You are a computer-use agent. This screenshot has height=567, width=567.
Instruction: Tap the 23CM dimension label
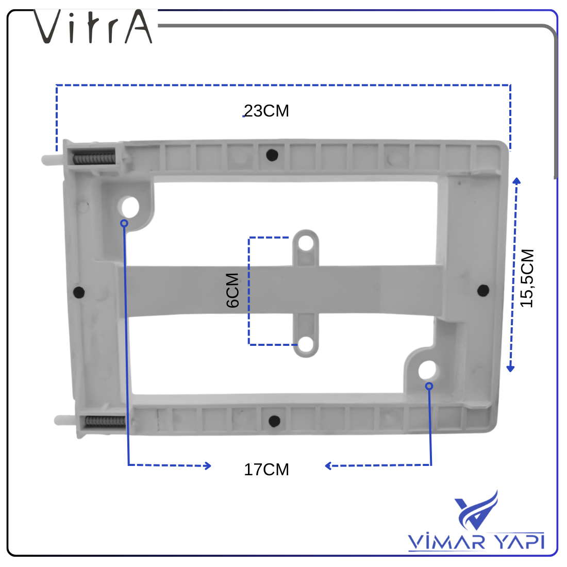click(x=266, y=111)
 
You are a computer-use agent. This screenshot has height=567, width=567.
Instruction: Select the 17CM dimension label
click(x=266, y=470)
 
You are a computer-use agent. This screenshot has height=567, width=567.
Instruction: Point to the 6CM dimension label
click(x=233, y=290)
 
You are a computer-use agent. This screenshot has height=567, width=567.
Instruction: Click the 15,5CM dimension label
click(x=527, y=278)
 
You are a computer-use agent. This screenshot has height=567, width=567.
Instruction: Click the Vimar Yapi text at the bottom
click(x=476, y=542)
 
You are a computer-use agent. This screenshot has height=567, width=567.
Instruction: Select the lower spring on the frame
click(x=105, y=421)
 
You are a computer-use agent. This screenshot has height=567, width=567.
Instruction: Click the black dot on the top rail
click(x=272, y=155)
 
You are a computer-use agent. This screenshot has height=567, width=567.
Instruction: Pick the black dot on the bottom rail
click(x=274, y=421)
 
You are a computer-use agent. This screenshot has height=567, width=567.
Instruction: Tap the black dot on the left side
click(x=79, y=292)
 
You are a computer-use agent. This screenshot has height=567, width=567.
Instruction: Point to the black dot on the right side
click(x=483, y=290)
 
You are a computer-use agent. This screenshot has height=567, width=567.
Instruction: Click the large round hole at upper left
click(x=129, y=207)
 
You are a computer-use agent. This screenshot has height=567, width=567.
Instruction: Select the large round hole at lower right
click(x=427, y=370)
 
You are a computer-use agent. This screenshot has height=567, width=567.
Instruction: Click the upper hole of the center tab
click(x=306, y=242)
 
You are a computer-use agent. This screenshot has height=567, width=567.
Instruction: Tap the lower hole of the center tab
click(x=306, y=344)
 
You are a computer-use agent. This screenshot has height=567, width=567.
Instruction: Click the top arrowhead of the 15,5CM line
click(x=516, y=180)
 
